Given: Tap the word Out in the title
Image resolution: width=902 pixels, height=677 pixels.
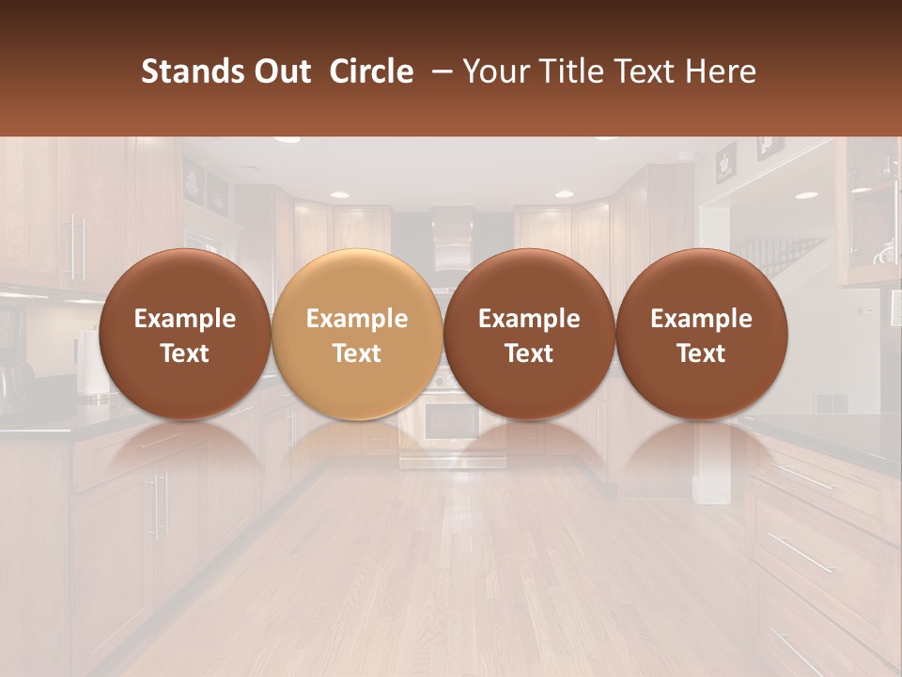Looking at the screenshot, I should (x=279, y=72).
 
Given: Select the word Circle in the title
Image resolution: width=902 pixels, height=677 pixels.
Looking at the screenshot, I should (x=371, y=72).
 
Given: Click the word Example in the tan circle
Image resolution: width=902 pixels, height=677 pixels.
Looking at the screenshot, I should (x=357, y=319).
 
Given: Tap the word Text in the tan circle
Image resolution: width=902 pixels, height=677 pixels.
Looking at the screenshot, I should (x=357, y=354).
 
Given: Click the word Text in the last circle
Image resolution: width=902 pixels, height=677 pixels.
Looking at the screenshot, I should (x=701, y=354).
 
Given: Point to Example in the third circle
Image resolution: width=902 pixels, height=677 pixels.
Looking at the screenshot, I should (x=529, y=319).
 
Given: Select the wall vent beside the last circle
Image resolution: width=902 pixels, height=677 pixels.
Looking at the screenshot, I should (x=829, y=402).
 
